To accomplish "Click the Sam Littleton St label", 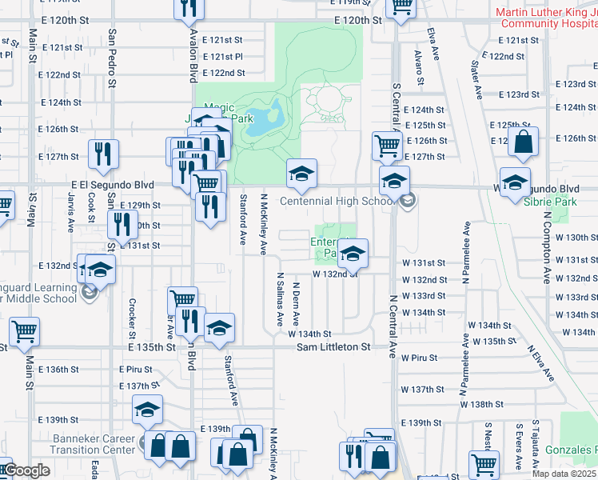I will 333,347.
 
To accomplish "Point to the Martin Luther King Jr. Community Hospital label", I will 547,18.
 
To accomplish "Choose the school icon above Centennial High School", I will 302,174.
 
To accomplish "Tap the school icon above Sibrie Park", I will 516,182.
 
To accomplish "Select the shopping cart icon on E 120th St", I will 401,6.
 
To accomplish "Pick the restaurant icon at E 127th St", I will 102,154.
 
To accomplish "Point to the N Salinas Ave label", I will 280,298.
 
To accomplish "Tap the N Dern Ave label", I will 296,302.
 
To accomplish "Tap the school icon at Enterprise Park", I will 353,254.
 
